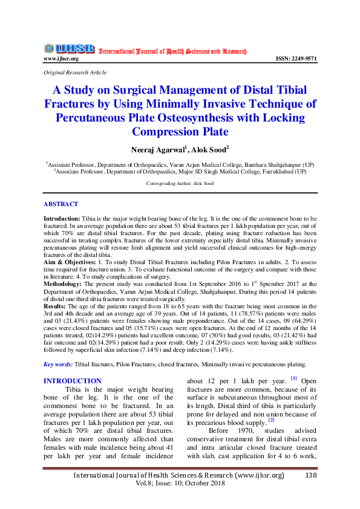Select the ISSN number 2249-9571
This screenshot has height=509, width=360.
pyautogui.click(x=296, y=59)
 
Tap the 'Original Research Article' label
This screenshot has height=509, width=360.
pyautogui.click(x=75, y=73)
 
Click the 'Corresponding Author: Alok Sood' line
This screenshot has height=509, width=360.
pyautogui.click(x=180, y=183)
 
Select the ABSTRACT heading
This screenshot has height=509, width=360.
pyautogui.click(x=61, y=204)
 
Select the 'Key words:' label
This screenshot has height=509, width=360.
pyautogui.click(x=58, y=364)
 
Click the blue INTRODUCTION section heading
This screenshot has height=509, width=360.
pyautogui.click(x=73, y=380)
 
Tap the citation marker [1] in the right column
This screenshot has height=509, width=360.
pyautogui.click(x=294, y=379)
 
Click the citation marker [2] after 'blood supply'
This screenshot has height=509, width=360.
pyautogui.click(x=272, y=419)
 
